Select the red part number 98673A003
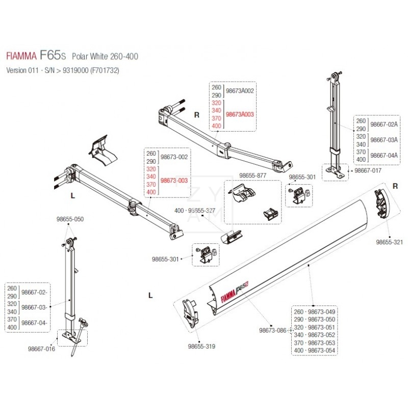click(239, 115)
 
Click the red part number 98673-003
click(174, 181)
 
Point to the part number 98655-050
click(69, 219)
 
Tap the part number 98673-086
click(273, 330)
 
